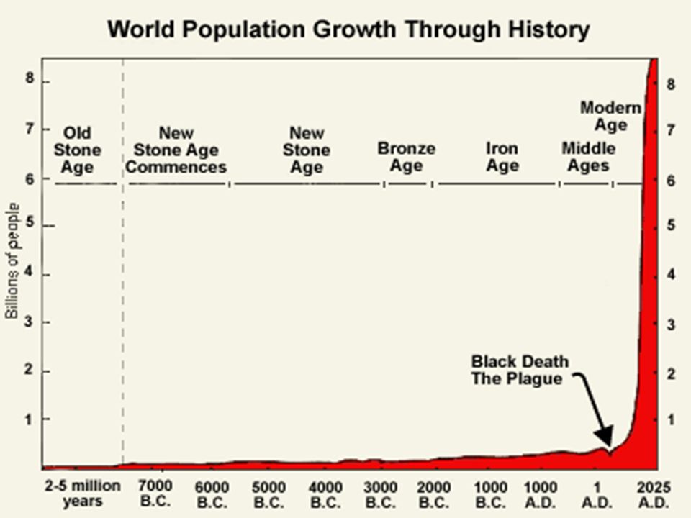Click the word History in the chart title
[543, 30]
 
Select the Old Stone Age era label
[77, 150]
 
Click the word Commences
[181, 168]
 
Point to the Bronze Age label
[406, 157]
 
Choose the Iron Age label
[502, 157]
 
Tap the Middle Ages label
[588, 157]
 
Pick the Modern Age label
[610, 116]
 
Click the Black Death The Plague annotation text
[520, 369]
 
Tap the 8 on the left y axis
[30, 79]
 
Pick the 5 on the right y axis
[670, 225]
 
